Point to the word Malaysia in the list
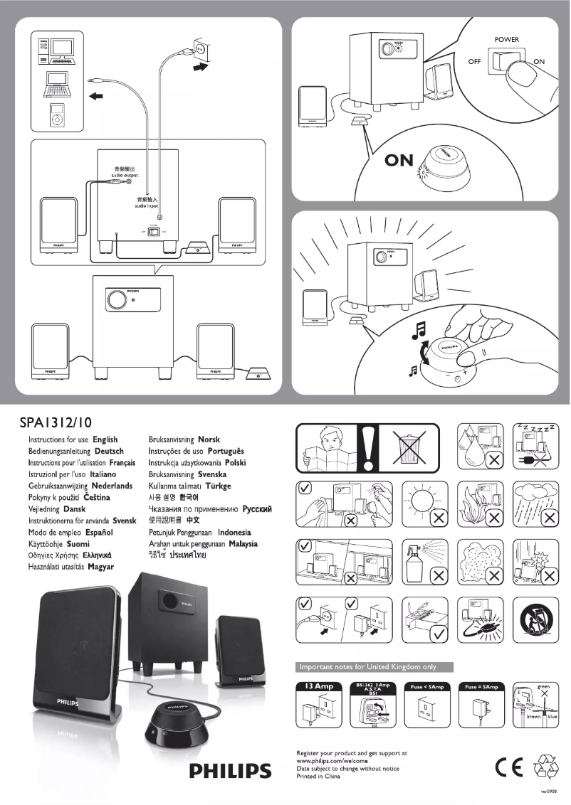[x=243, y=543]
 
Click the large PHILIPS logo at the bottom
[x=229, y=772]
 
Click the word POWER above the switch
[x=506, y=39]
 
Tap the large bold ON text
[x=398, y=160]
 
